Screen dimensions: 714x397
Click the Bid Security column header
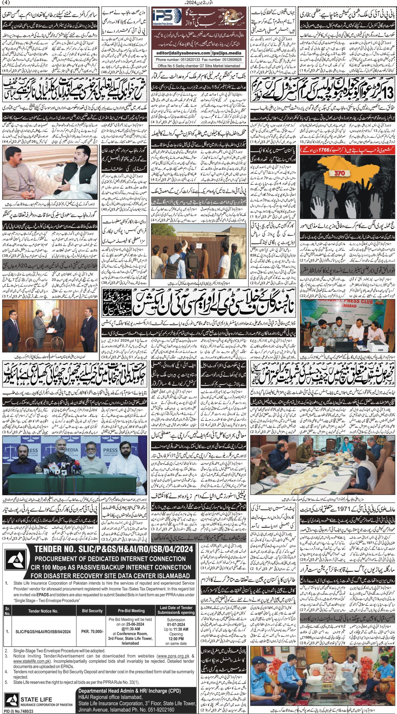pos(92,585)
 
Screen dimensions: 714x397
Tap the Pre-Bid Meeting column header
pos(131,585)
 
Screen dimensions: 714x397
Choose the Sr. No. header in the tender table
pos(8,585)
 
